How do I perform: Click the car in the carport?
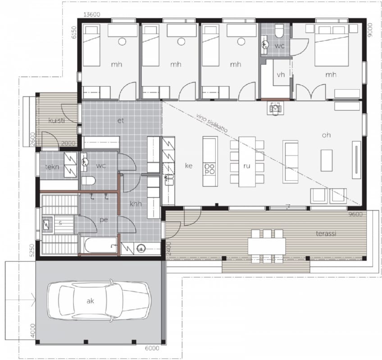pos(99,301)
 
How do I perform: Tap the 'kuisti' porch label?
pos(56,120)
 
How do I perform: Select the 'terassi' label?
pos(326,234)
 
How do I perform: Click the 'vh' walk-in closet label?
pos(281,75)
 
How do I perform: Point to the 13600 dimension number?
pos(91,14)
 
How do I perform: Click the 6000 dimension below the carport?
pos(152,348)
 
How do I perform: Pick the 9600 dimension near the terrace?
pos(355,215)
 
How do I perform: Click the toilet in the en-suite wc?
pos(279,31)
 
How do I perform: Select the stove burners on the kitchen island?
pos(210,169)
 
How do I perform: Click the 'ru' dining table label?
pos(247,166)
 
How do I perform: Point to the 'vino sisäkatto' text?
pos(212,123)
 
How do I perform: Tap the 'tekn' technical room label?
pos(52,167)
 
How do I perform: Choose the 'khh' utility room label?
pos(136,204)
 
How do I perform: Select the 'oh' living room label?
pos(327,135)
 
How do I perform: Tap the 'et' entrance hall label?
pos(121,121)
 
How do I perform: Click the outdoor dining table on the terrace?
pos(267,246)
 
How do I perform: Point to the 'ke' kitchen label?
pos(189,166)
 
